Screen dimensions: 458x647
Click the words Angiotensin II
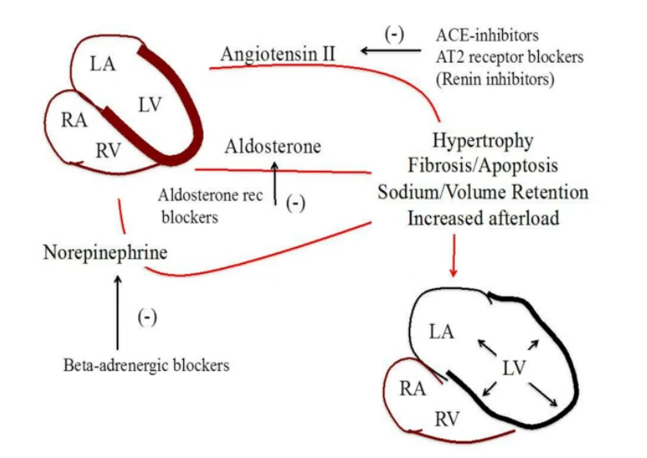click(278, 54)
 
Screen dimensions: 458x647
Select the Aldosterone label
click(272, 146)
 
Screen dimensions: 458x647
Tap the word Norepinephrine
click(105, 253)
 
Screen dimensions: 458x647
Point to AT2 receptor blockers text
click(509, 57)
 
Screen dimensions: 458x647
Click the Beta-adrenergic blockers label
click(146, 365)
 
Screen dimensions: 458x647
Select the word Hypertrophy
click(483, 141)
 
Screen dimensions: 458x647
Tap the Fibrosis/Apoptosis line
click(483, 166)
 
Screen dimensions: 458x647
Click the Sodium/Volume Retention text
click(483, 192)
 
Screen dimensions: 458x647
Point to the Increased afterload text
click(483, 218)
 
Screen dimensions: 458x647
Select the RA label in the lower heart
click(413, 388)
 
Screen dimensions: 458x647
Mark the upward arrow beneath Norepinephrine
click(117, 312)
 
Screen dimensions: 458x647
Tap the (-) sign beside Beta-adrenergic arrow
click(147, 317)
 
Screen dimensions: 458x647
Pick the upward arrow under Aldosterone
click(275, 182)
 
